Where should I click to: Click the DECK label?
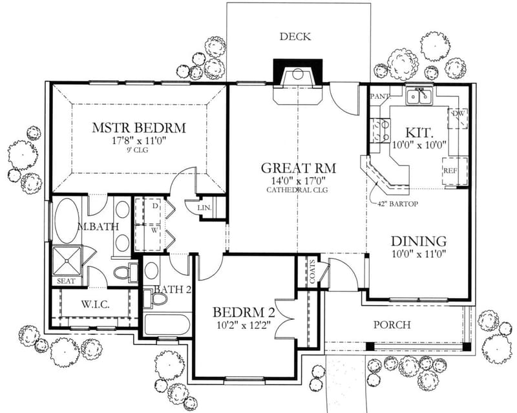(295, 37)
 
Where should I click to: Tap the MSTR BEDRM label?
(138, 127)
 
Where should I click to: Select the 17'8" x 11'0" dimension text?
(138, 140)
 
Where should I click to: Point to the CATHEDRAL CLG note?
(297, 191)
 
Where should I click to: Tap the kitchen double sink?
(419, 97)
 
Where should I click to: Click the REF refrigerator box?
(450, 171)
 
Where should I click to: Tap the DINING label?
(419, 240)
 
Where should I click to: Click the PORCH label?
(392, 324)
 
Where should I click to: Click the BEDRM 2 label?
(244, 313)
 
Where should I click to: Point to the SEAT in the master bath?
(66, 281)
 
